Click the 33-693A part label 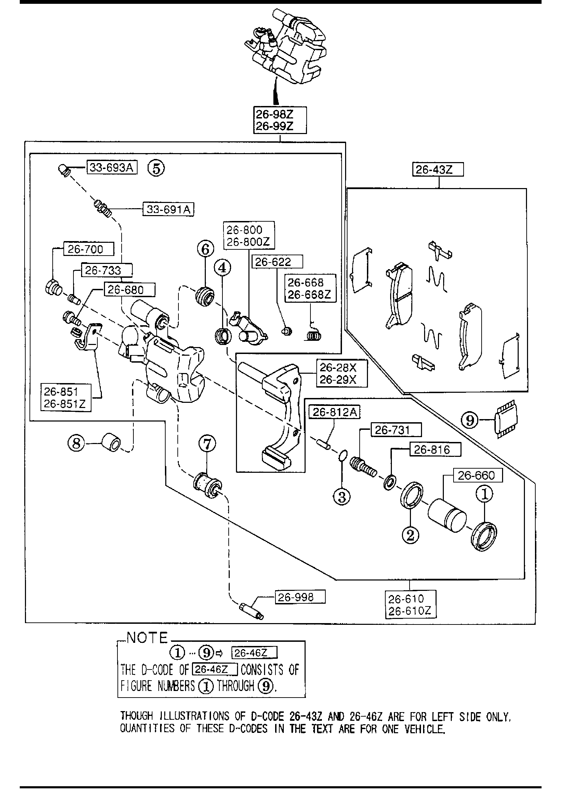point(112,168)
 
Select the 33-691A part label point(168,210)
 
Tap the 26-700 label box point(88,249)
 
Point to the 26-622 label point(277,262)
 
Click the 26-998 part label point(300,597)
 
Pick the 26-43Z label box point(438,170)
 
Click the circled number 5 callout point(156,168)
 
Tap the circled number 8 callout point(77,443)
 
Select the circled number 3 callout point(342,497)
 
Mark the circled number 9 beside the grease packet point(470,420)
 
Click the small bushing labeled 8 point(111,442)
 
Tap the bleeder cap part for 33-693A point(63,169)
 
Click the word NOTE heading point(147,638)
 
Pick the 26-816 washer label point(435,450)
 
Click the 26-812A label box point(334,412)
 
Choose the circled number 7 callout point(207,444)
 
